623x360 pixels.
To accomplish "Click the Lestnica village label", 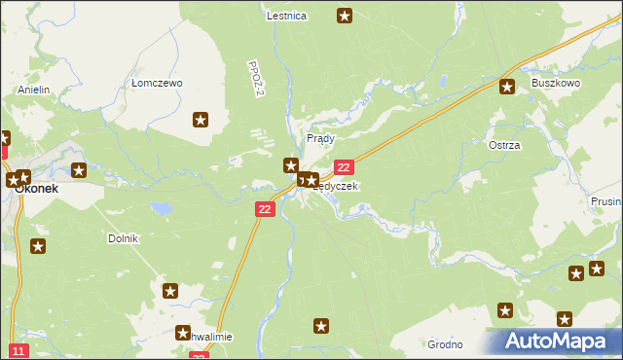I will pyautogui.click(x=286, y=16).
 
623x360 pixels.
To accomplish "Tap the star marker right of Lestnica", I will pyautogui.click(x=345, y=15).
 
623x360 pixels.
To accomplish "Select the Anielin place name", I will pyautogui.click(x=33, y=90).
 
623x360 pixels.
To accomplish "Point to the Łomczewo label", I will pyautogui.click(x=157, y=84).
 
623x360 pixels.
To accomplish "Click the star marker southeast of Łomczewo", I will pyautogui.click(x=201, y=120).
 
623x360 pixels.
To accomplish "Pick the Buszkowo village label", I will pyautogui.click(x=555, y=84).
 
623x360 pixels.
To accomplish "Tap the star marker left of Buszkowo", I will pyautogui.click(x=507, y=87).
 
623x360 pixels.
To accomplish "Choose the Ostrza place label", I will pyautogui.click(x=504, y=145).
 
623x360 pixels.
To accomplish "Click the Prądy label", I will pyautogui.click(x=320, y=138).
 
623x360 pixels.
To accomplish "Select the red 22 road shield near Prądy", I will pyautogui.click(x=343, y=168).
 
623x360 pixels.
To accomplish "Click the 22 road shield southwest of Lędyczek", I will pyautogui.click(x=266, y=209).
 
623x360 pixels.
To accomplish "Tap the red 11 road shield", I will pyautogui.click(x=18, y=350).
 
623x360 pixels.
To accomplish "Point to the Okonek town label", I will pyautogui.click(x=36, y=189).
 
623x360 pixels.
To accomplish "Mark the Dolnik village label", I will pyautogui.click(x=124, y=238).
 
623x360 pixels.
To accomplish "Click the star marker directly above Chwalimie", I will pyautogui.click(x=171, y=290).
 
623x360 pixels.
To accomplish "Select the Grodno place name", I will pyautogui.click(x=443, y=344).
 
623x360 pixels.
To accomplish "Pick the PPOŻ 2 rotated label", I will pyautogui.click(x=257, y=79).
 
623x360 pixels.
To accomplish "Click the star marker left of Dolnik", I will pyautogui.click(x=38, y=246).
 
